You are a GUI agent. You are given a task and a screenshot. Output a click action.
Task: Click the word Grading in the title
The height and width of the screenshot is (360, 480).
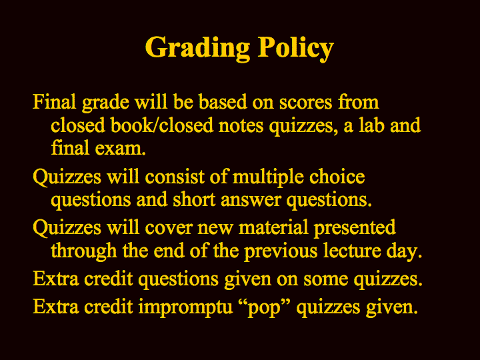point(197,49)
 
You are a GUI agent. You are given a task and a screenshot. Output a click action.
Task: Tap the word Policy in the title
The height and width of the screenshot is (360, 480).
point(296,49)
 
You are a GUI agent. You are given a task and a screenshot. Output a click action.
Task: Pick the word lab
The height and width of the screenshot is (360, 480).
point(371,125)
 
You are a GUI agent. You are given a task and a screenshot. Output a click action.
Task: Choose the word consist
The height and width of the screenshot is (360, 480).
point(175,177)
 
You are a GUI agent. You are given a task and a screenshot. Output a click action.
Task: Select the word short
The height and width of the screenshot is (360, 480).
point(194,199)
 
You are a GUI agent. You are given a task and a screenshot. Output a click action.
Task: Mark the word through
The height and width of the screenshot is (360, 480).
point(84,252)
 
